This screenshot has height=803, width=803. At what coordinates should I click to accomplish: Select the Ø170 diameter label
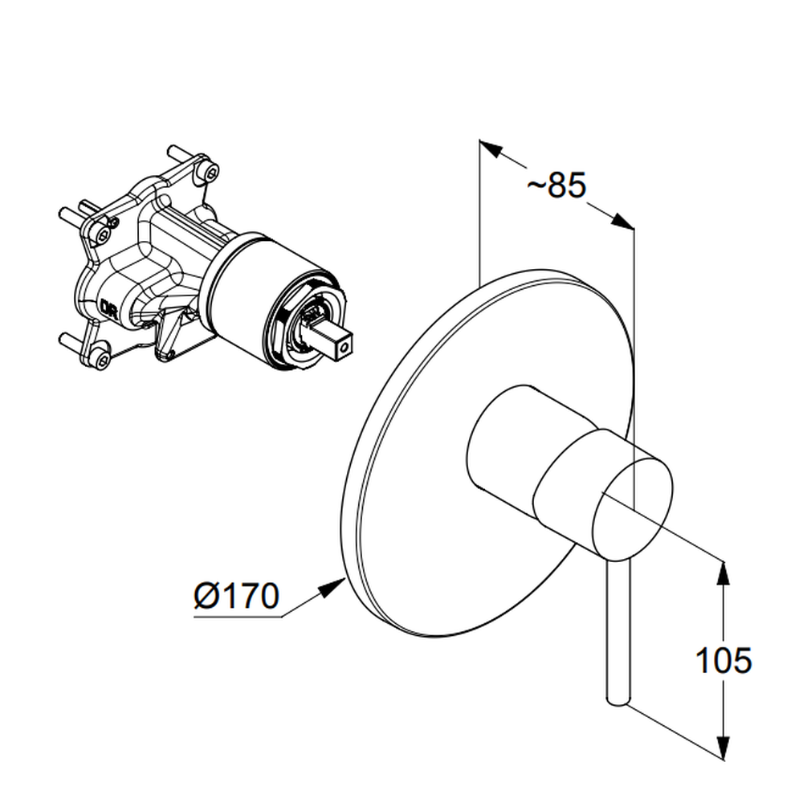click(x=237, y=596)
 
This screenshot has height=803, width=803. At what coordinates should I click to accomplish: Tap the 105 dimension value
click(x=724, y=660)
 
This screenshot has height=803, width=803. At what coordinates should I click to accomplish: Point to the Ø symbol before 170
click(x=206, y=596)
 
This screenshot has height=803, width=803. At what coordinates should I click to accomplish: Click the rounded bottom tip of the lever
click(x=617, y=702)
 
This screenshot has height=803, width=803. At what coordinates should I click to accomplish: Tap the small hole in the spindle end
click(x=344, y=349)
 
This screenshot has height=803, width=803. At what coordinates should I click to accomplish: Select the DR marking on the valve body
click(x=109, y=308)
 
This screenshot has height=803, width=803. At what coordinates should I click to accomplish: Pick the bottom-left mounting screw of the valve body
click(x=101, y=358)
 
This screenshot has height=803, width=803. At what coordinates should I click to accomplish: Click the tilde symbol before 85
click(x=536, y=186)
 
